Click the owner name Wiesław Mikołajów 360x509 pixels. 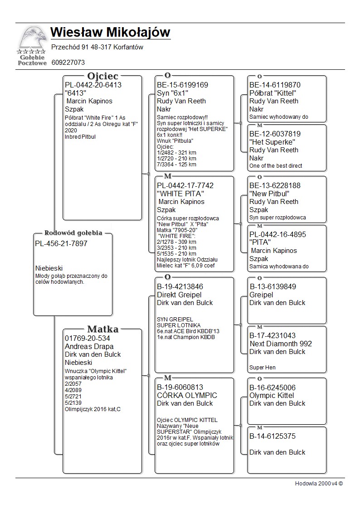click(110, 33)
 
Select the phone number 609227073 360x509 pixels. click(68, 63)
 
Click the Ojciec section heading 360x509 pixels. click(103, 76)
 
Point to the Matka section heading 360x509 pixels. click(103, 329)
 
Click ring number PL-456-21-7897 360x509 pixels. click(61, 244)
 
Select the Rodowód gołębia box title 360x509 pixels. click(73, 233)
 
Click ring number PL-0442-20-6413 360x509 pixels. click(93, 85)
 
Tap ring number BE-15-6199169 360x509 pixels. click(182, 85)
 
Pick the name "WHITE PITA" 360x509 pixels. click(179, 194)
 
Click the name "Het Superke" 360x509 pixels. click(270, 142)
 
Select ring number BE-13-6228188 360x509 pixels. click(275, 185)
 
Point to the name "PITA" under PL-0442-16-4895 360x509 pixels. click(260, 242)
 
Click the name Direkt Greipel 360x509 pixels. click(179, 295)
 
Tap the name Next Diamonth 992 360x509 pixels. click(280, 344)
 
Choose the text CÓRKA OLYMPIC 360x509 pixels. click(187, 395)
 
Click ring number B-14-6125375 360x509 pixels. click(272, 436)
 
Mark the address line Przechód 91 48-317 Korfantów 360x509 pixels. click(97, 47)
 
